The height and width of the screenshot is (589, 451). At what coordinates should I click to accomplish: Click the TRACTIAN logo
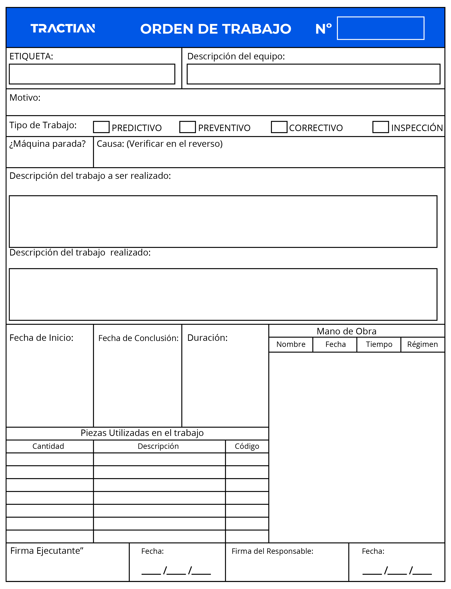click(x=63, y=28)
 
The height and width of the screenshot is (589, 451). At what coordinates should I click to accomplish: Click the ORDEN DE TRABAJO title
click(x=215, y=29)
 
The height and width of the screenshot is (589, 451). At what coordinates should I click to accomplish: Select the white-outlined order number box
click(x=380, y=28)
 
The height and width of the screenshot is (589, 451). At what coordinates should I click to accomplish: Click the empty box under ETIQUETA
click(x=92, y=74)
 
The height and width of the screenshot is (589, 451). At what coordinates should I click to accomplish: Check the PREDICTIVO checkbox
click(x=101, y=127)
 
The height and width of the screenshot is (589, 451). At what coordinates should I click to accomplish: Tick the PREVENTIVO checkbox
click(x=187, y=127)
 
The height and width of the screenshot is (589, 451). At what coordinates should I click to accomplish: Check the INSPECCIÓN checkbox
click(x=380, y=127)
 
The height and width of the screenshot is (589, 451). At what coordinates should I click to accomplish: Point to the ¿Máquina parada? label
click(x=48, y=144)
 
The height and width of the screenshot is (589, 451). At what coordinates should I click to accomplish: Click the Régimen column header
click(x=422, y=344)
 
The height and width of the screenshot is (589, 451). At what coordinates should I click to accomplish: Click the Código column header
click(x=247, y=446)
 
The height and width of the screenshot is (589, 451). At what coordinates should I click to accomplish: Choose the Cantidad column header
click(x=48, y=446)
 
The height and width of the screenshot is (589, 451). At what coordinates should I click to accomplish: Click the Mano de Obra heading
click(x=346, y=331)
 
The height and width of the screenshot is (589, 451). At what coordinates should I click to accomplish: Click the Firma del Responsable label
click(x=272, y=551)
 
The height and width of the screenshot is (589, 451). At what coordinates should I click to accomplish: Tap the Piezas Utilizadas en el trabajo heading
click(x=142, y=433)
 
